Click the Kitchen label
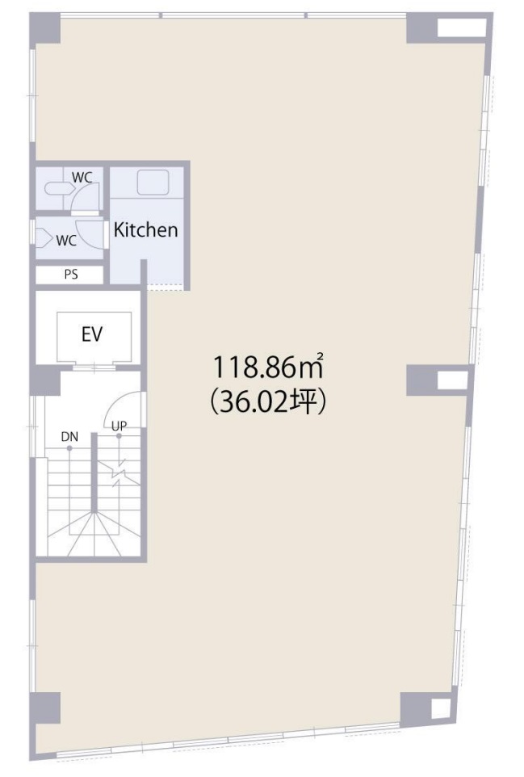(145, 230)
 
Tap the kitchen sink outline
(153, 183)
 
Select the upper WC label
(82, 178)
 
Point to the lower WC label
(66, 241)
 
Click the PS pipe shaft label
(71, 275)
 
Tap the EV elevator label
(93, 334)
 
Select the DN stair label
(69, 437)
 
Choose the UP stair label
(119, 426)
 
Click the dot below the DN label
(69, 448)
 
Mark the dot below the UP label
(119, 436)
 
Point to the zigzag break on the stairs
(119, 472)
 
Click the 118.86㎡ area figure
(269, 367)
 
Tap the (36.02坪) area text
(267, 402)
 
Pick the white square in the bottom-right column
(440, 708)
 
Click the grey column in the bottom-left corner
(45, 708)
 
